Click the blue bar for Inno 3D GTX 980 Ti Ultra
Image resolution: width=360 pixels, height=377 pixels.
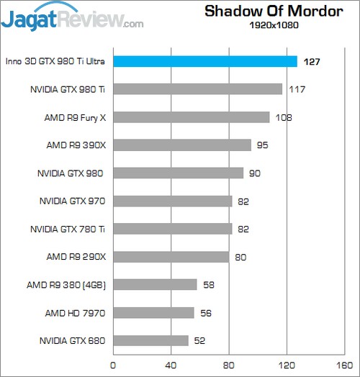[x=205, y=61]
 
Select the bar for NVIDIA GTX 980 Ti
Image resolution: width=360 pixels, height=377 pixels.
[x=197, y=89]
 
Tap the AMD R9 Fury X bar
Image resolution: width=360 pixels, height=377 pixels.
[x=191, y=117]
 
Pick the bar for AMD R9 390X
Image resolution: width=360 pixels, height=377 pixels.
[x=181, y=145]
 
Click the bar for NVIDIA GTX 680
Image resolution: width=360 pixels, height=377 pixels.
[x=150, y=340]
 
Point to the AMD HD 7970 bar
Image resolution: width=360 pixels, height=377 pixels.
[x=153, y=312]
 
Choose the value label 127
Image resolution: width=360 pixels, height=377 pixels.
[x=312, y=62]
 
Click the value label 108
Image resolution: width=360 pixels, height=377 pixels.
[x=283, y=117]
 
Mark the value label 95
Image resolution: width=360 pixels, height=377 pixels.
[x=262, y=145]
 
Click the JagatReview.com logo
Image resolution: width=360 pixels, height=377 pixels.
[x=72, y=19]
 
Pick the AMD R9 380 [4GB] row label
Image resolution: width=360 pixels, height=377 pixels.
[x=66, y=285]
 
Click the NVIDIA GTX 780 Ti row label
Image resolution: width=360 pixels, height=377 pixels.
[x=67, y=229]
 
